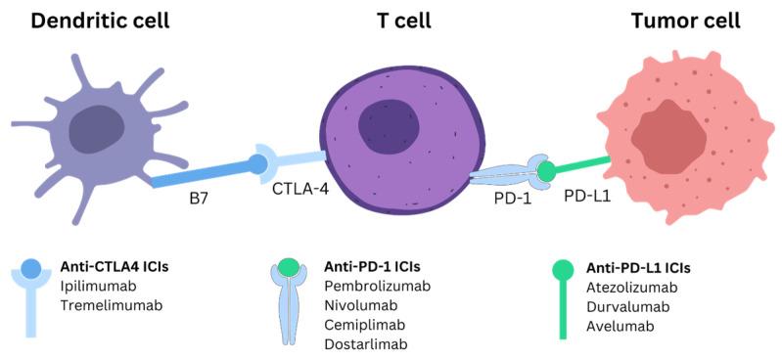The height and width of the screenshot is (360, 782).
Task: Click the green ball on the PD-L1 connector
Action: point(546,172)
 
